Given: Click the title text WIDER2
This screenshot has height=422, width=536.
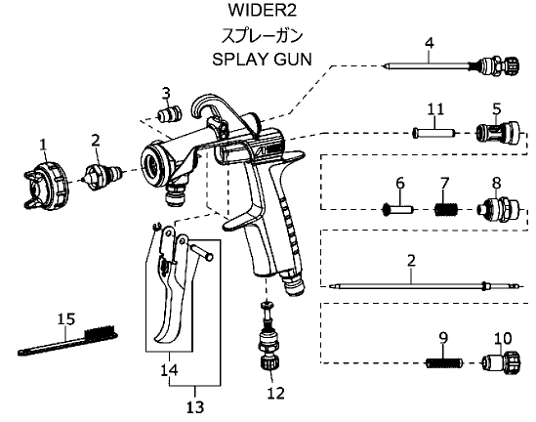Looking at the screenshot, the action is click(263, 11).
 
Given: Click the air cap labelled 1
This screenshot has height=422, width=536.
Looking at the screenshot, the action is click(47, 185).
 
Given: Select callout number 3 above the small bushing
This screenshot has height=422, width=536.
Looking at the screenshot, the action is click(166, 93).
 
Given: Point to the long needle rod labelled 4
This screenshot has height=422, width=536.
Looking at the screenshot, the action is click(451, 65).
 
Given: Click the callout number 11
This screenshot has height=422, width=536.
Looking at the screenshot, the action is click(435, 109).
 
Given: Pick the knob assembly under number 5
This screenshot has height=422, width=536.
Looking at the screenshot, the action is click(498, 133).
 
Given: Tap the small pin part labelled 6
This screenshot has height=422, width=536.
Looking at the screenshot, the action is click(398, 209).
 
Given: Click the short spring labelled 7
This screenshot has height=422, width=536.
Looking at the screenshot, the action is click(446, 209).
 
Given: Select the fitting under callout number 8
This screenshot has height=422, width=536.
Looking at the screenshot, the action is click(498, 209).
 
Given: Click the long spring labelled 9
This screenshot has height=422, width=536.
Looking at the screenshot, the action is click(443, 362).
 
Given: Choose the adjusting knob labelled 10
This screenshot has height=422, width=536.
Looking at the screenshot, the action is click(502, 362).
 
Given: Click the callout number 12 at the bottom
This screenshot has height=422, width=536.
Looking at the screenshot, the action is click(276, 394).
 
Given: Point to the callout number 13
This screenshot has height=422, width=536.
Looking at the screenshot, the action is click(195, 407).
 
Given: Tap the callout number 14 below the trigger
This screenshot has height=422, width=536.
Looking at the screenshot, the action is click(169, 369).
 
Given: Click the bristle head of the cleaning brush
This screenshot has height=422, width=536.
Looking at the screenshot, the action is click(101, 332).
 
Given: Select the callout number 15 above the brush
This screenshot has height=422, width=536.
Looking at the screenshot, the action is click(65, 319).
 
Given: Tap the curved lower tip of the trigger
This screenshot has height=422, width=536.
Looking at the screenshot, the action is click(163, 337).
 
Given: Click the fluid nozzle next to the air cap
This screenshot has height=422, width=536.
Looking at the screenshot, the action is click(103, 176).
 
